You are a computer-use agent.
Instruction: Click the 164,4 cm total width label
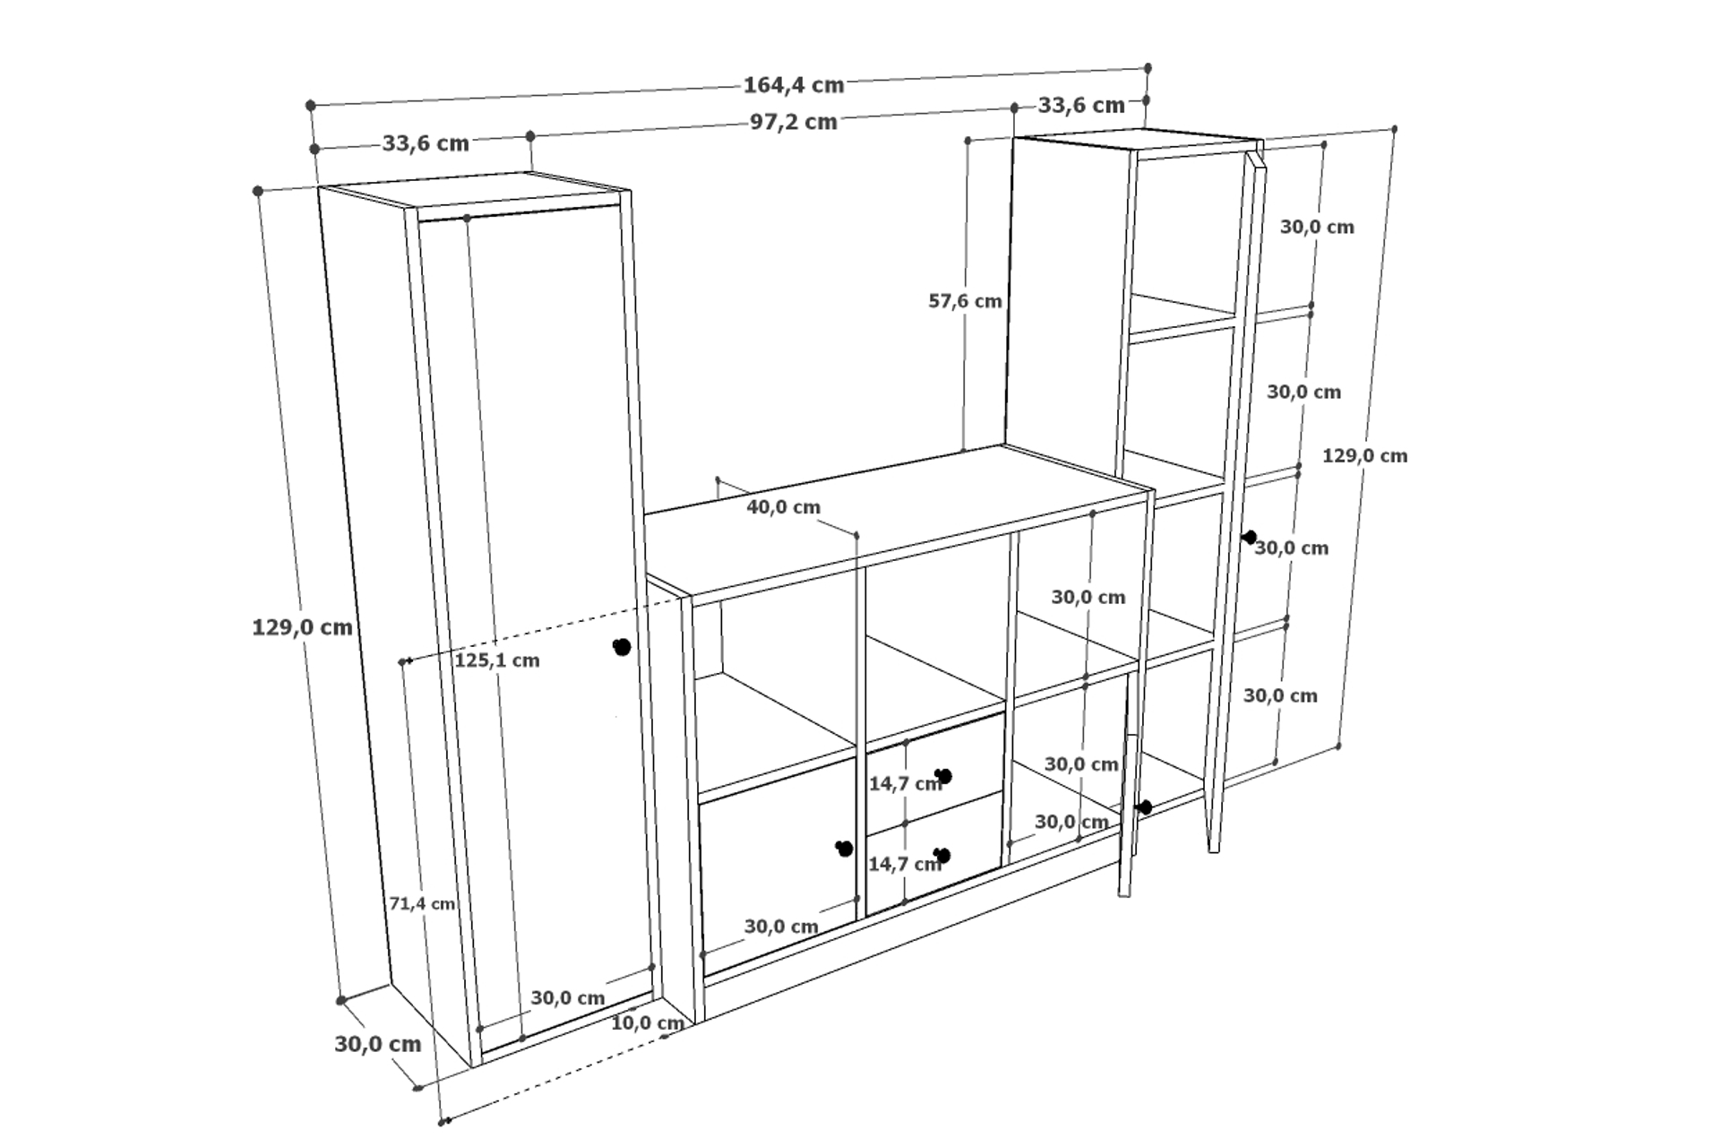[x=794, y=85]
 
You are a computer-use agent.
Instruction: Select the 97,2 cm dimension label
[x=794, y=122]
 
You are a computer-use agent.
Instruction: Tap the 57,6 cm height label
[x=965, y=301]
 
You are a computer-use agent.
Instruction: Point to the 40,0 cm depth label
[x=784, y=507]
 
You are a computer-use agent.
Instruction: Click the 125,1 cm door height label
[x=497, y=660]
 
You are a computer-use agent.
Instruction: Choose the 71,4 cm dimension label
[x=422, y=903]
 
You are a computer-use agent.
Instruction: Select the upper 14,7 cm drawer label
[x=905, y=784]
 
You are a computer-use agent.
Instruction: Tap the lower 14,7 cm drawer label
[x=905, y=865]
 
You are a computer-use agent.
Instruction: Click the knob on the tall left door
[x=622, y=647]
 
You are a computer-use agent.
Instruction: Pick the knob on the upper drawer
[x=942, y=776]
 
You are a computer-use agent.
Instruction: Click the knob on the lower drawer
[x=941, y=856]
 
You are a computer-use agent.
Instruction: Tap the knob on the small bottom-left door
[x=844, y=848]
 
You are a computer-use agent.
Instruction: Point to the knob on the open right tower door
[x=1250, y=538]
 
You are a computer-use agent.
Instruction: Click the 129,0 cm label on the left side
[x=302, y=627]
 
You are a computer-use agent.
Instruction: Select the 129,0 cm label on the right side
[x=1365, y=456]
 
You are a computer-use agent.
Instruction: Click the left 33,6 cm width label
[x=426, y=143]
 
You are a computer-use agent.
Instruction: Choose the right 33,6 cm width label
[x=1081, y=106]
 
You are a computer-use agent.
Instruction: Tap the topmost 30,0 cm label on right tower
[x=1317, y=228]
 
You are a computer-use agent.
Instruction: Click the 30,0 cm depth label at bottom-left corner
[x=378, y=1044]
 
